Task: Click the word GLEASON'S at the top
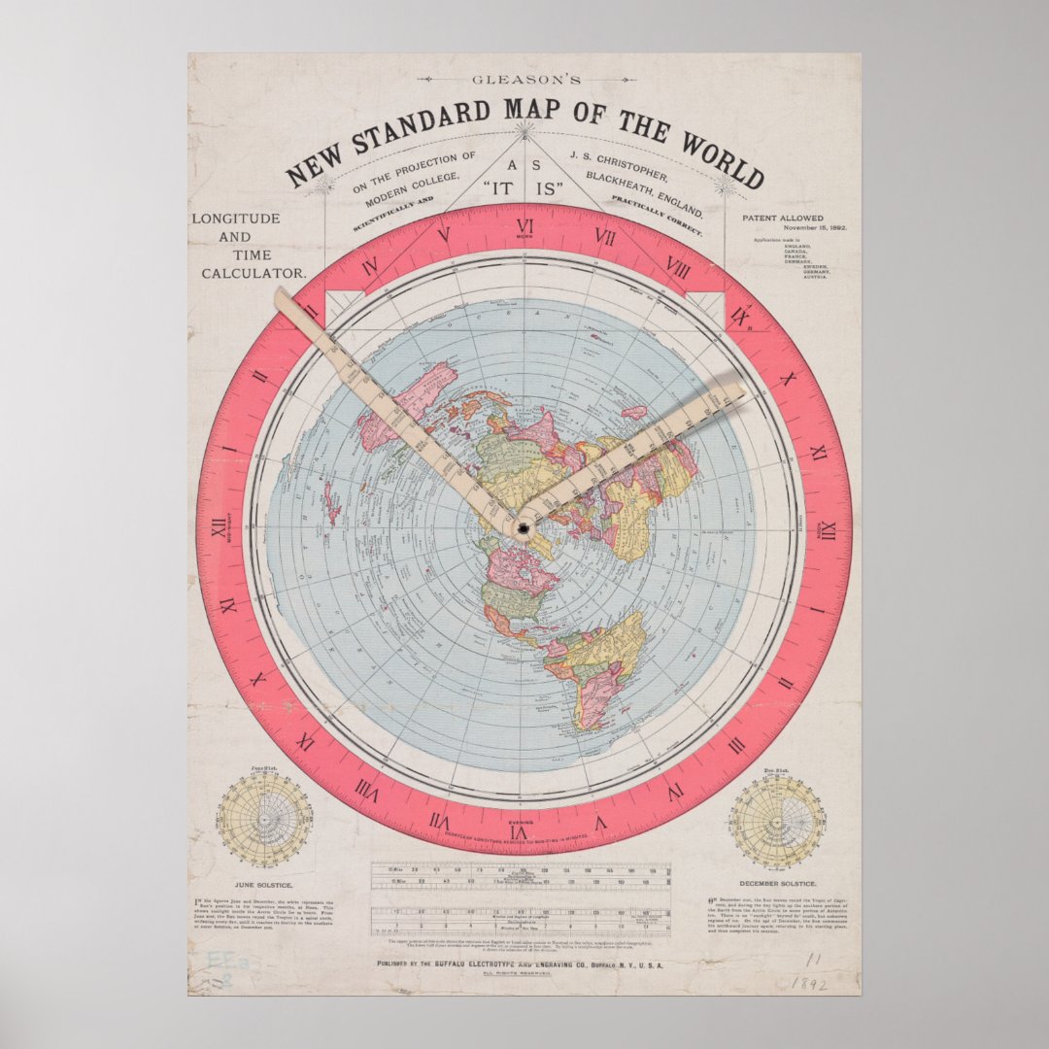point(524,80)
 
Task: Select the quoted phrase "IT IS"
point(524,188)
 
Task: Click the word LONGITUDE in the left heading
point(235,219)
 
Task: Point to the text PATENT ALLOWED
point(782,219)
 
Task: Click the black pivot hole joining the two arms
point(524,527)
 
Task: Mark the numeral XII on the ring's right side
point(829,531)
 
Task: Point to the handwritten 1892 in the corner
point(807,982)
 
